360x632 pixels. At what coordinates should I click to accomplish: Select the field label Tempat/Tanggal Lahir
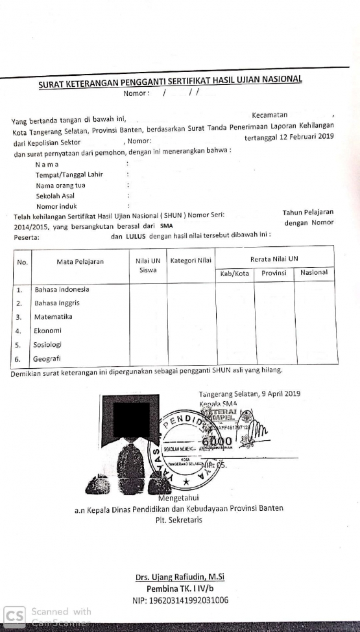[69, 174]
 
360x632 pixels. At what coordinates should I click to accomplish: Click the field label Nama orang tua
[60, 185]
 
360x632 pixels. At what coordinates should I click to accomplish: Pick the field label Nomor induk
[56, 206]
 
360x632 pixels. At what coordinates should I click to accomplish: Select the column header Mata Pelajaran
[80, 262]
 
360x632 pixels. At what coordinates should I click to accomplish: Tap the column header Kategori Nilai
[191, 261]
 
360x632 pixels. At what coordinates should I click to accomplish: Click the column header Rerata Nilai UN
[274, 258]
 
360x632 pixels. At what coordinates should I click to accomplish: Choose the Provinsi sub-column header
[274, 273]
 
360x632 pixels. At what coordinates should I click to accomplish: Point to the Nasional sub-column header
[314, 272]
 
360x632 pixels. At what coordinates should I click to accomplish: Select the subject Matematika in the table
[53, 317]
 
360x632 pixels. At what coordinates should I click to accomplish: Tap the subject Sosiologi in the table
[51, 345]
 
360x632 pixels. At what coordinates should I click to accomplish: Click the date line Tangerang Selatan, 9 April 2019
[249, 393]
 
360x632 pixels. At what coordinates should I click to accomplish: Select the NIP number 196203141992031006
[180, 600]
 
